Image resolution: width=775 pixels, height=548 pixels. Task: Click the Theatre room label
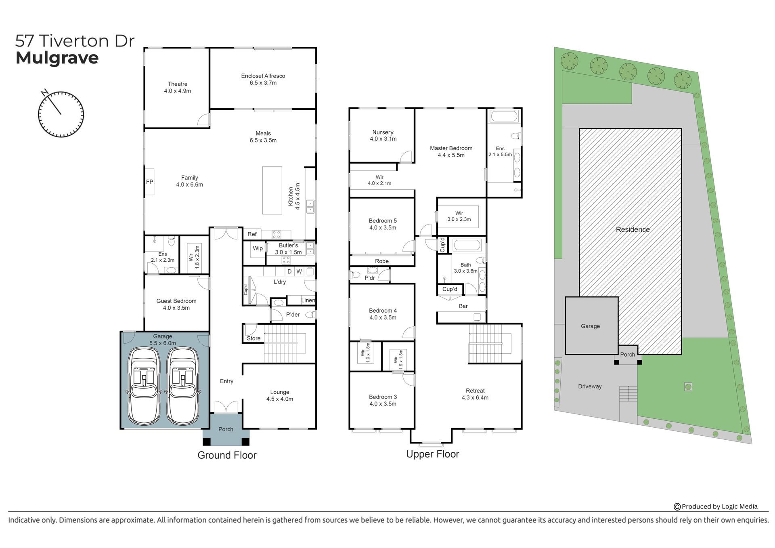[x=178, y=84]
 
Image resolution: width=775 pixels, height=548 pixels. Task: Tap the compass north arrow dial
[x=61, y=114]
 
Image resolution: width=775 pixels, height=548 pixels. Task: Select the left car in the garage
[x=143, y=387]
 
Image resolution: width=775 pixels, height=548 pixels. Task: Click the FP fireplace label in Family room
[x=150, y=182]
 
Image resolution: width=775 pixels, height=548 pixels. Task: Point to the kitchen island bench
[x=272, y=190]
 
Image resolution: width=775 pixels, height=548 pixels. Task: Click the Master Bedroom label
[x=451, y=148]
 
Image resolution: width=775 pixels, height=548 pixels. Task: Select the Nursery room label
[x=383, y=132]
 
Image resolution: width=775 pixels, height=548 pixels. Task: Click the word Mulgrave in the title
[x=57, y=58]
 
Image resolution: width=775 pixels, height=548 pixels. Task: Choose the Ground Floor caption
[x=227, y=455]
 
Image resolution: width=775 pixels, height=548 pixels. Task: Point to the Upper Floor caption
[x=432, y=454]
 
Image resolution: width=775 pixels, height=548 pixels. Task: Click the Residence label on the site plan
[x=633, y=230]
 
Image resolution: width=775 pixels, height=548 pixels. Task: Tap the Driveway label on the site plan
[x=590, y=386]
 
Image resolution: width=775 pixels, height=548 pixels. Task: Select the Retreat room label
[x=475, y=391]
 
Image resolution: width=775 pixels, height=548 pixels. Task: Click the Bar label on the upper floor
[x=463, y=306]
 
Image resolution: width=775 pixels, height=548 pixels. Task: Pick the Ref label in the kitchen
[x=252, y=234]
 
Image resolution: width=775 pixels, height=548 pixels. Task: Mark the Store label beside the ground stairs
[x=253, y=338]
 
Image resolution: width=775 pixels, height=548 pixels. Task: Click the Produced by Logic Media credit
[x=716, y=506]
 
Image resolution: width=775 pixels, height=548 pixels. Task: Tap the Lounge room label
[x=280, y=392]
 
